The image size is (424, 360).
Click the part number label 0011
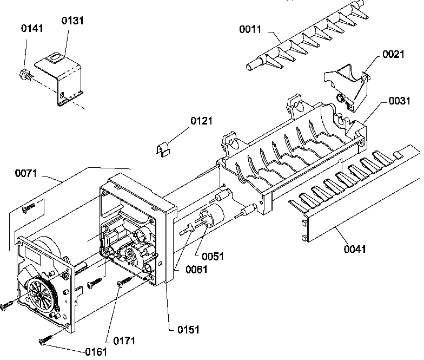pyautogui.click(x=250, y=29)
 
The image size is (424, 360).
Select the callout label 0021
pyautogui.click(x=393, y=54)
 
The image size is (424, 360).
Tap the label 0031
pyautogui.click(x=399, y=101)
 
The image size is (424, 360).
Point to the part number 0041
pyautogui.click(x=355, y=249)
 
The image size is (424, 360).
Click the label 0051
pyautogui.click(x=213, y=256)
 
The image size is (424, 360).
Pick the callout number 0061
pyautogui.click(x=195, y=270)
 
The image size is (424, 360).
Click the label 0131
pyautogui.click(x=72, y=21)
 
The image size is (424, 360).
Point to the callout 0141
pyautogui.click(x=32, y=29)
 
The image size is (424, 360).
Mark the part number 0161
pyautogui.click(x=96, y=351)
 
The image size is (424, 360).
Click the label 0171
pyautogui.click(x=124, y=341)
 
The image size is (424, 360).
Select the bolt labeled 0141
pyautogui.click(x=25, y=74)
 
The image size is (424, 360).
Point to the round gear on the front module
pyautogui.click(x=39, y=294)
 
